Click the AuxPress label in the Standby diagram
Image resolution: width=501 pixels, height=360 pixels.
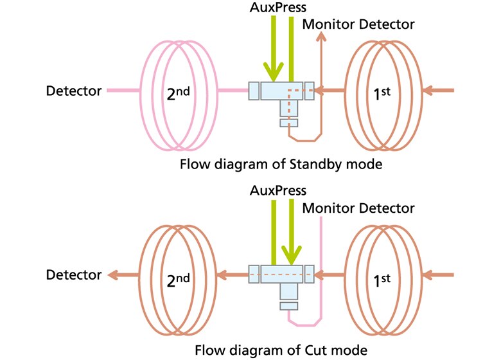tap(279, 8)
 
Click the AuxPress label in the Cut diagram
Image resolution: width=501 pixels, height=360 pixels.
tap(279, 191)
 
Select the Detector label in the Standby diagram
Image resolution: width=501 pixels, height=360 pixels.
tap(74, 91)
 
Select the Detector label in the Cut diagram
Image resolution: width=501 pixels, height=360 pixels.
tap(74, 275)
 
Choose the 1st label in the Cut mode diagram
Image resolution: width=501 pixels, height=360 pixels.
tap(382, 276)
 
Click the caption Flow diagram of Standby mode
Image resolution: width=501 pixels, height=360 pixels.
tap(283, 164)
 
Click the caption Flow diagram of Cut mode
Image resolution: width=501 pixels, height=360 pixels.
tap(283, 350)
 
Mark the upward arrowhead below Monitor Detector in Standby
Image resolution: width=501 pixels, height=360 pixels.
tap(321, 38)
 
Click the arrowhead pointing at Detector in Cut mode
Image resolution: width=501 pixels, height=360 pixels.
tap(113, 275)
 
